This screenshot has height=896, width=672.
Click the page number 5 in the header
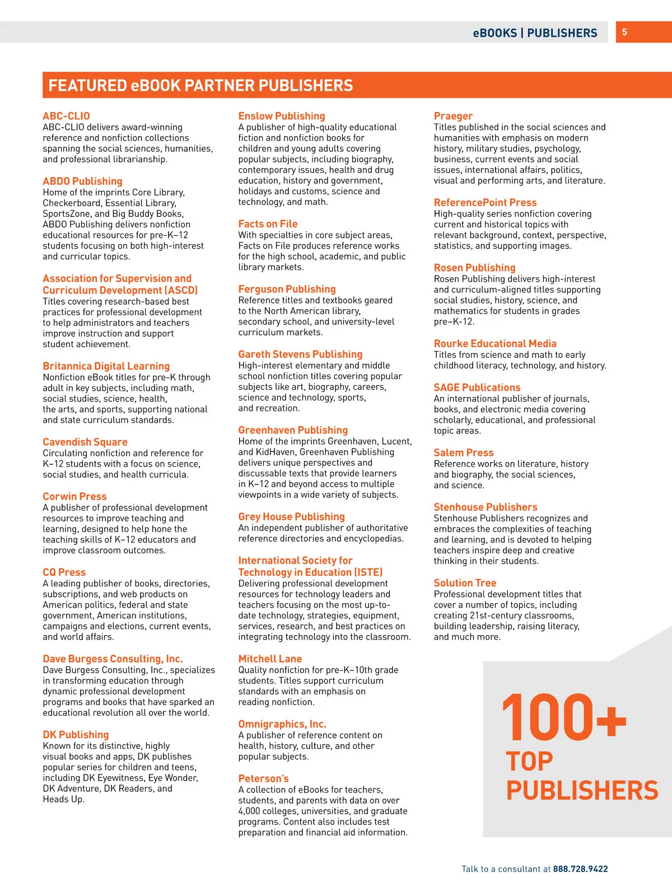tap(624, 32)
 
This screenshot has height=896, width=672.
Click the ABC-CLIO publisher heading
tap(66, 116)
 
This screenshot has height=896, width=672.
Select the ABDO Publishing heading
tap(82, 181)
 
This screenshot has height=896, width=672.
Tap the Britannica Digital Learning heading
tap(106, 366)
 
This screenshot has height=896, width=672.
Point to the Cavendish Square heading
tap(85, 442)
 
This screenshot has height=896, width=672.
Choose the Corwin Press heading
tap(74, 496)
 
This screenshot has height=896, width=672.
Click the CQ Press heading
tap(64, 572)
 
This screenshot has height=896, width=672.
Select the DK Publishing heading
tap(76, 734)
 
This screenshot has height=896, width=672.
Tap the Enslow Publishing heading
tap(282, 116)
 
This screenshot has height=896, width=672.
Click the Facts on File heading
tap(268, 223)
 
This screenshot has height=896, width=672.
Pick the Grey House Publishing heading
tap(291, 516)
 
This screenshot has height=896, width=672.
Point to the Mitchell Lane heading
tap(270, 659)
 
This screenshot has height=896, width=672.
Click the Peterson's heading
tap(263, 778)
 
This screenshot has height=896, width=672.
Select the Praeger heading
tap(453, 116)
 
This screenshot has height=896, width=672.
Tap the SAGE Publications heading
tap(477, 387)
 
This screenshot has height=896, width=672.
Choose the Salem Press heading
tap(464, 452)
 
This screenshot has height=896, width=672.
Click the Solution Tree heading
tap(465, 582)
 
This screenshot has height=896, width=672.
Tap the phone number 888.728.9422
tap(580, 869)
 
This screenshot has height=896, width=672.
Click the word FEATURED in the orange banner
tap(87, 86)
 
